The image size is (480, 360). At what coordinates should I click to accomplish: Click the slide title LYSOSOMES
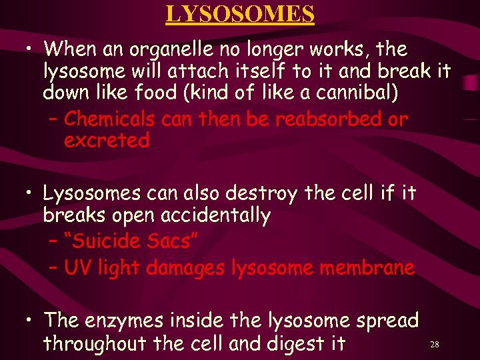click(240, 13)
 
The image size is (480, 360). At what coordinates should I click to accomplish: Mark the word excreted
click(107, 141)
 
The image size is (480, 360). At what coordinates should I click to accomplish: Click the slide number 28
click(434, 345)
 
